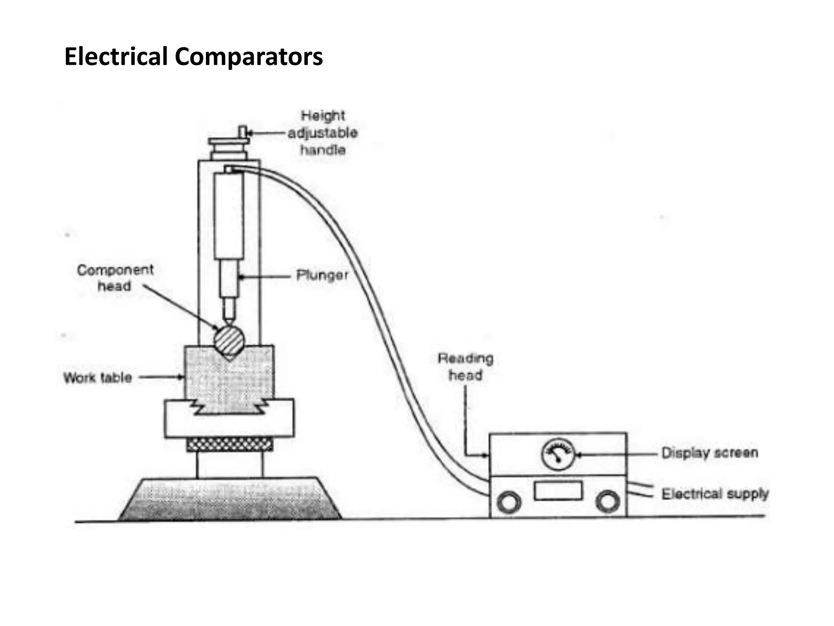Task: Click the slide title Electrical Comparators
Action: coord(193,56)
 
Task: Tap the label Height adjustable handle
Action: coord(323,133)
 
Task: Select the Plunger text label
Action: coord(322,276)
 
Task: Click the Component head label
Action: coord(115,278)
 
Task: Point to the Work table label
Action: coord(98,378)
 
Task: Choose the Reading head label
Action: coord(465,367)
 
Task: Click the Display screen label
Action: coord(709,453)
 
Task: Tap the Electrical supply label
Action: coord(715,494)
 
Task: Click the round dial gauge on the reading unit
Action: coord(558,454)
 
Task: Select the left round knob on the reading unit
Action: coord(509,502)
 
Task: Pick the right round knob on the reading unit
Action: coord(608,501)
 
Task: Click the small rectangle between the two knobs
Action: coord(558,490)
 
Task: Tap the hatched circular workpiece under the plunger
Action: coord(229,339)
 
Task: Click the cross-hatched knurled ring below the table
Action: coord(230,445)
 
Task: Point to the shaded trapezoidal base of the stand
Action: coord(230,500)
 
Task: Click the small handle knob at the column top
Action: coord(243,132)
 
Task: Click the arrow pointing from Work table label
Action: coord(161,377)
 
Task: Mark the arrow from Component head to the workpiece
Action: coord(181,307)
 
